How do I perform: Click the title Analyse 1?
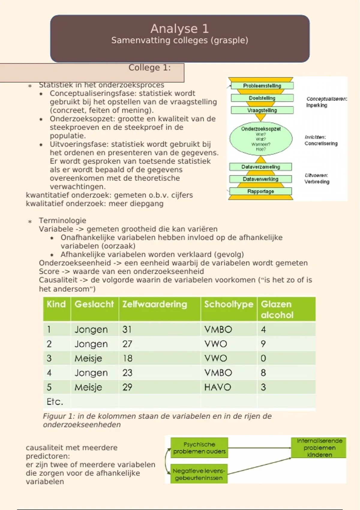point(179,29)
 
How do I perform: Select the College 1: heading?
point(149,68)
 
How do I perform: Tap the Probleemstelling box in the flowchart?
point(262,86)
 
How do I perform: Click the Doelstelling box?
point(262,98)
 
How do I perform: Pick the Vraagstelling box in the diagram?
point(262,110)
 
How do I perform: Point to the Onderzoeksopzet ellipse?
point(261,139)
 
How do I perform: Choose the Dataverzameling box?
point(260,167)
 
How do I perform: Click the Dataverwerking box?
point(260,179)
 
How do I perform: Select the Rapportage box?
point(260,191)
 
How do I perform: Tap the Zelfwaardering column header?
point(154,304)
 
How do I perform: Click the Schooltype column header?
point(229,304)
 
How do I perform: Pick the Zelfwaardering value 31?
point(127,329)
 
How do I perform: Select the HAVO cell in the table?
point(217,387)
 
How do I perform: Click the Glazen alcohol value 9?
point(263,344)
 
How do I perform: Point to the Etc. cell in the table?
point(55,401)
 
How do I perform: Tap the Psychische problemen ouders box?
point(199,448)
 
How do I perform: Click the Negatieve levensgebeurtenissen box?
point(199,474)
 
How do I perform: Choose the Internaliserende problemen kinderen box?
point(319,448)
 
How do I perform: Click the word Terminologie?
point(62,220)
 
